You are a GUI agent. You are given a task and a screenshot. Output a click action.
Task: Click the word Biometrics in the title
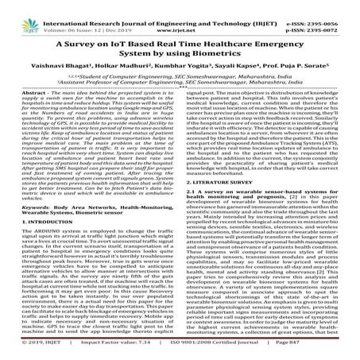click(x=220, y=55)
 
